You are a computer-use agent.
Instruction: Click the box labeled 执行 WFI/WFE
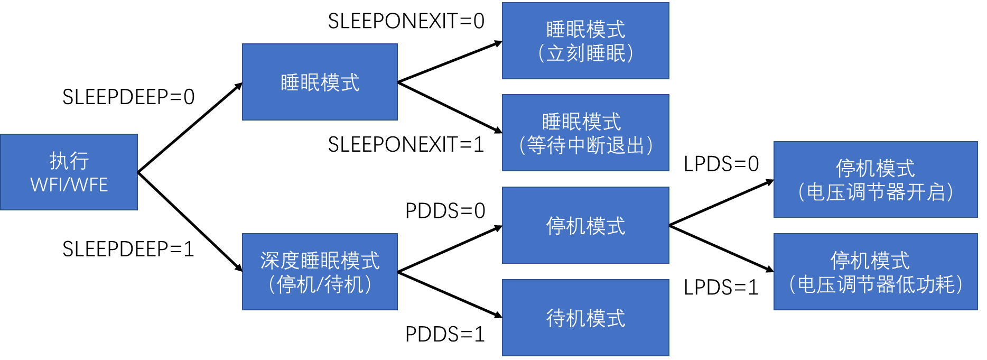tap(69, 172)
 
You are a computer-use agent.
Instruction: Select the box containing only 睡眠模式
tap(320, 82)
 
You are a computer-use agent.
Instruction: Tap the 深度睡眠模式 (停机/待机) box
tap(320, 272)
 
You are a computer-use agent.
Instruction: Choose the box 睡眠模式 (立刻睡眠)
tap(585, 41)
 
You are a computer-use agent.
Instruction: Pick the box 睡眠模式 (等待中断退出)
tap(585, 133)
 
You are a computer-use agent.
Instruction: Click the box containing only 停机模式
tap(585, 225)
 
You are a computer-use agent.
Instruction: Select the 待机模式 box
tap(585, 318)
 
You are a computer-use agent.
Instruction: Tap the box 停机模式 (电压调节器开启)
tap(876, 179)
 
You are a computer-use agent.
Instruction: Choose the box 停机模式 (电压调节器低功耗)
tap(876, 272)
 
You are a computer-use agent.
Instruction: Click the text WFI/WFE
tap(69, 184)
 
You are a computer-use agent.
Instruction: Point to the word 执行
tap(69, 161)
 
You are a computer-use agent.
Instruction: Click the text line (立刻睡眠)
tap(585, 53)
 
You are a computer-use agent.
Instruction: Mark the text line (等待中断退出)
tap(585, 145)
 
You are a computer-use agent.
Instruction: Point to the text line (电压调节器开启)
tap(876, 192)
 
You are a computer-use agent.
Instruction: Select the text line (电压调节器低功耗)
tap(876, 284)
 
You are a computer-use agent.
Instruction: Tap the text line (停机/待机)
tap(320, 284)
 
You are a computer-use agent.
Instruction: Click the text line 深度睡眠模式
tap(320, 261)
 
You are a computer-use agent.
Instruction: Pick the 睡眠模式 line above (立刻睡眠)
tap(585, 30)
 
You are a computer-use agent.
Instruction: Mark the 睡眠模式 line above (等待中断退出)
tap(581, 122)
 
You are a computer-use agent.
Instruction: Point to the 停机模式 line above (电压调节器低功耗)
tap(870, 261)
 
